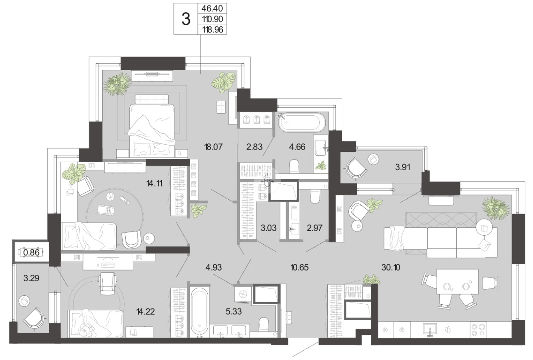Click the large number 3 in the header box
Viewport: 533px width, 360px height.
[186, 19]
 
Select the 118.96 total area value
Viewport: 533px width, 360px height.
[212, 30]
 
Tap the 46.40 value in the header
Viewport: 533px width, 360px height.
[212, 9]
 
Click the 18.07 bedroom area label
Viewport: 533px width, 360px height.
[213, 147]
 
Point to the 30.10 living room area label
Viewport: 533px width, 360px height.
[391, 268]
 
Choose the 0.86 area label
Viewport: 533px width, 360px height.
[32, 252]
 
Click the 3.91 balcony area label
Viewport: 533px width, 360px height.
[403, 167]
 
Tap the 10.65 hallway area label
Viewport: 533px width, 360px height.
[300, 268]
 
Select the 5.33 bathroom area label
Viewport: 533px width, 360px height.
[234, 311]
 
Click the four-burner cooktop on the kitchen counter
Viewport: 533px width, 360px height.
[479, 330]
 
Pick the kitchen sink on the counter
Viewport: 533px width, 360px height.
[430, 329]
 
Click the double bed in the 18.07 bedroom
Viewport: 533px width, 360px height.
[152, 126]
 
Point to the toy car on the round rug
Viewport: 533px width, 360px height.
[106, 210]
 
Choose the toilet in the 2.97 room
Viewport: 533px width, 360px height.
[315, 197]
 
